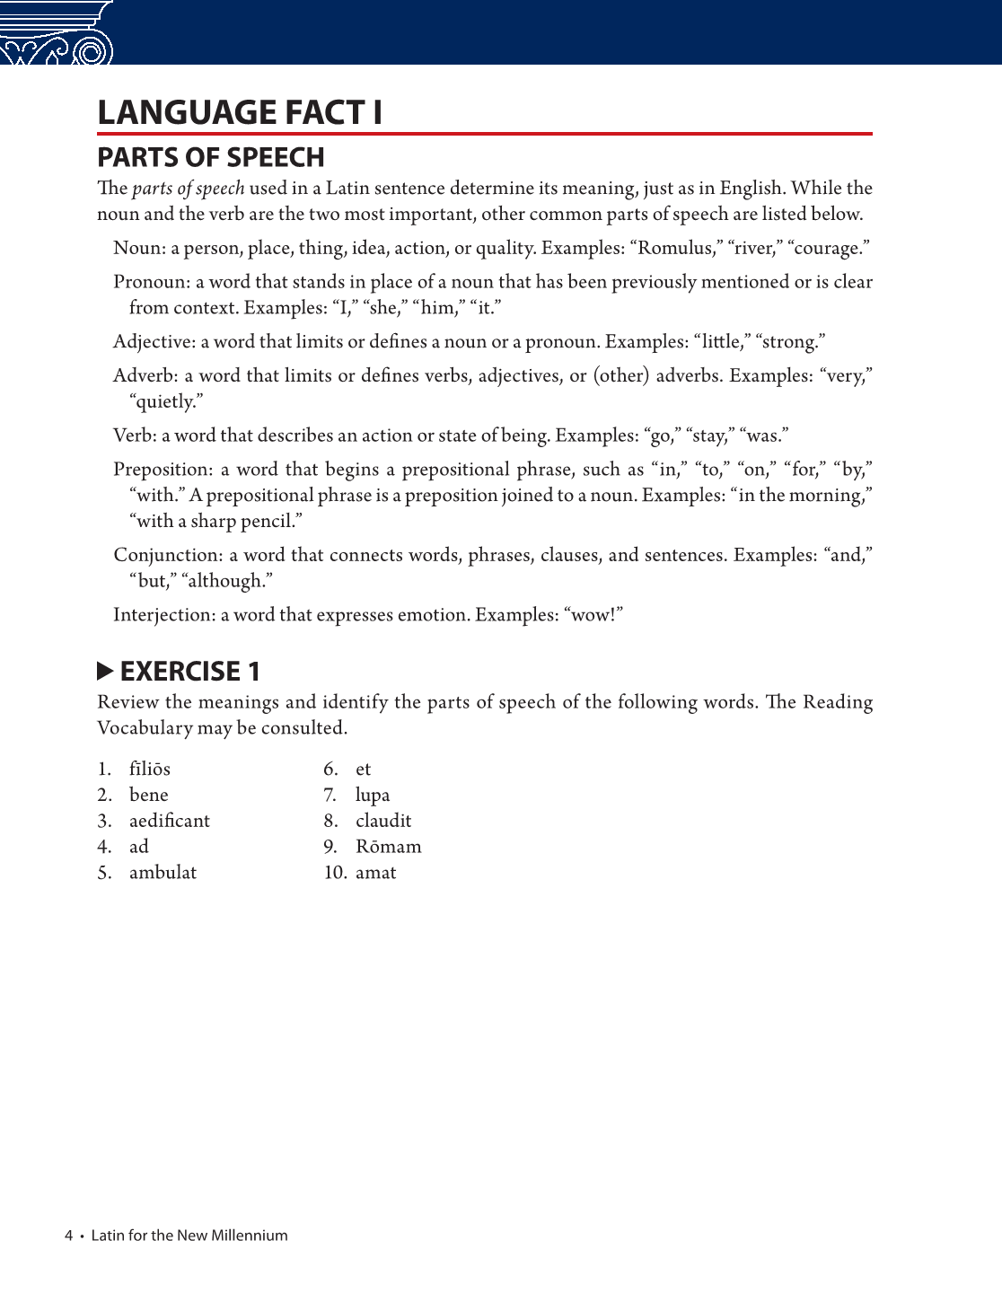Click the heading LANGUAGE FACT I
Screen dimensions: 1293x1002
[240, 112]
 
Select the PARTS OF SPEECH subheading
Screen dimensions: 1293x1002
[210, 157]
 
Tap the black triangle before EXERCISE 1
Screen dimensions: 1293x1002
[105, 671]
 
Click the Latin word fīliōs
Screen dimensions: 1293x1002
[149, 770]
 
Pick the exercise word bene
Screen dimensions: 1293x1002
[148, 796]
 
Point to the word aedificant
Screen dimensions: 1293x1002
[169, 821]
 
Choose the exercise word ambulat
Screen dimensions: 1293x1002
[163, 873]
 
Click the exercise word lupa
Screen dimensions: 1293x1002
[373, 796]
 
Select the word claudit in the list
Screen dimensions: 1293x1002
[383, 821]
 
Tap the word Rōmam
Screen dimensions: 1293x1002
[388, 847]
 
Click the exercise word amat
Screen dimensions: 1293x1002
[375, 873]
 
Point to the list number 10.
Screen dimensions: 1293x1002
[334, 873]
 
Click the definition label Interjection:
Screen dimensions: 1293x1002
[164, 615]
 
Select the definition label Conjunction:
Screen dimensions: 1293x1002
[168, 555]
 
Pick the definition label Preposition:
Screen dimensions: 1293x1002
[163, 470]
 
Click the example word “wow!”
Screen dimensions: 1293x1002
[593, 615]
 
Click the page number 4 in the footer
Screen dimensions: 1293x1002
[68, 1236]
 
